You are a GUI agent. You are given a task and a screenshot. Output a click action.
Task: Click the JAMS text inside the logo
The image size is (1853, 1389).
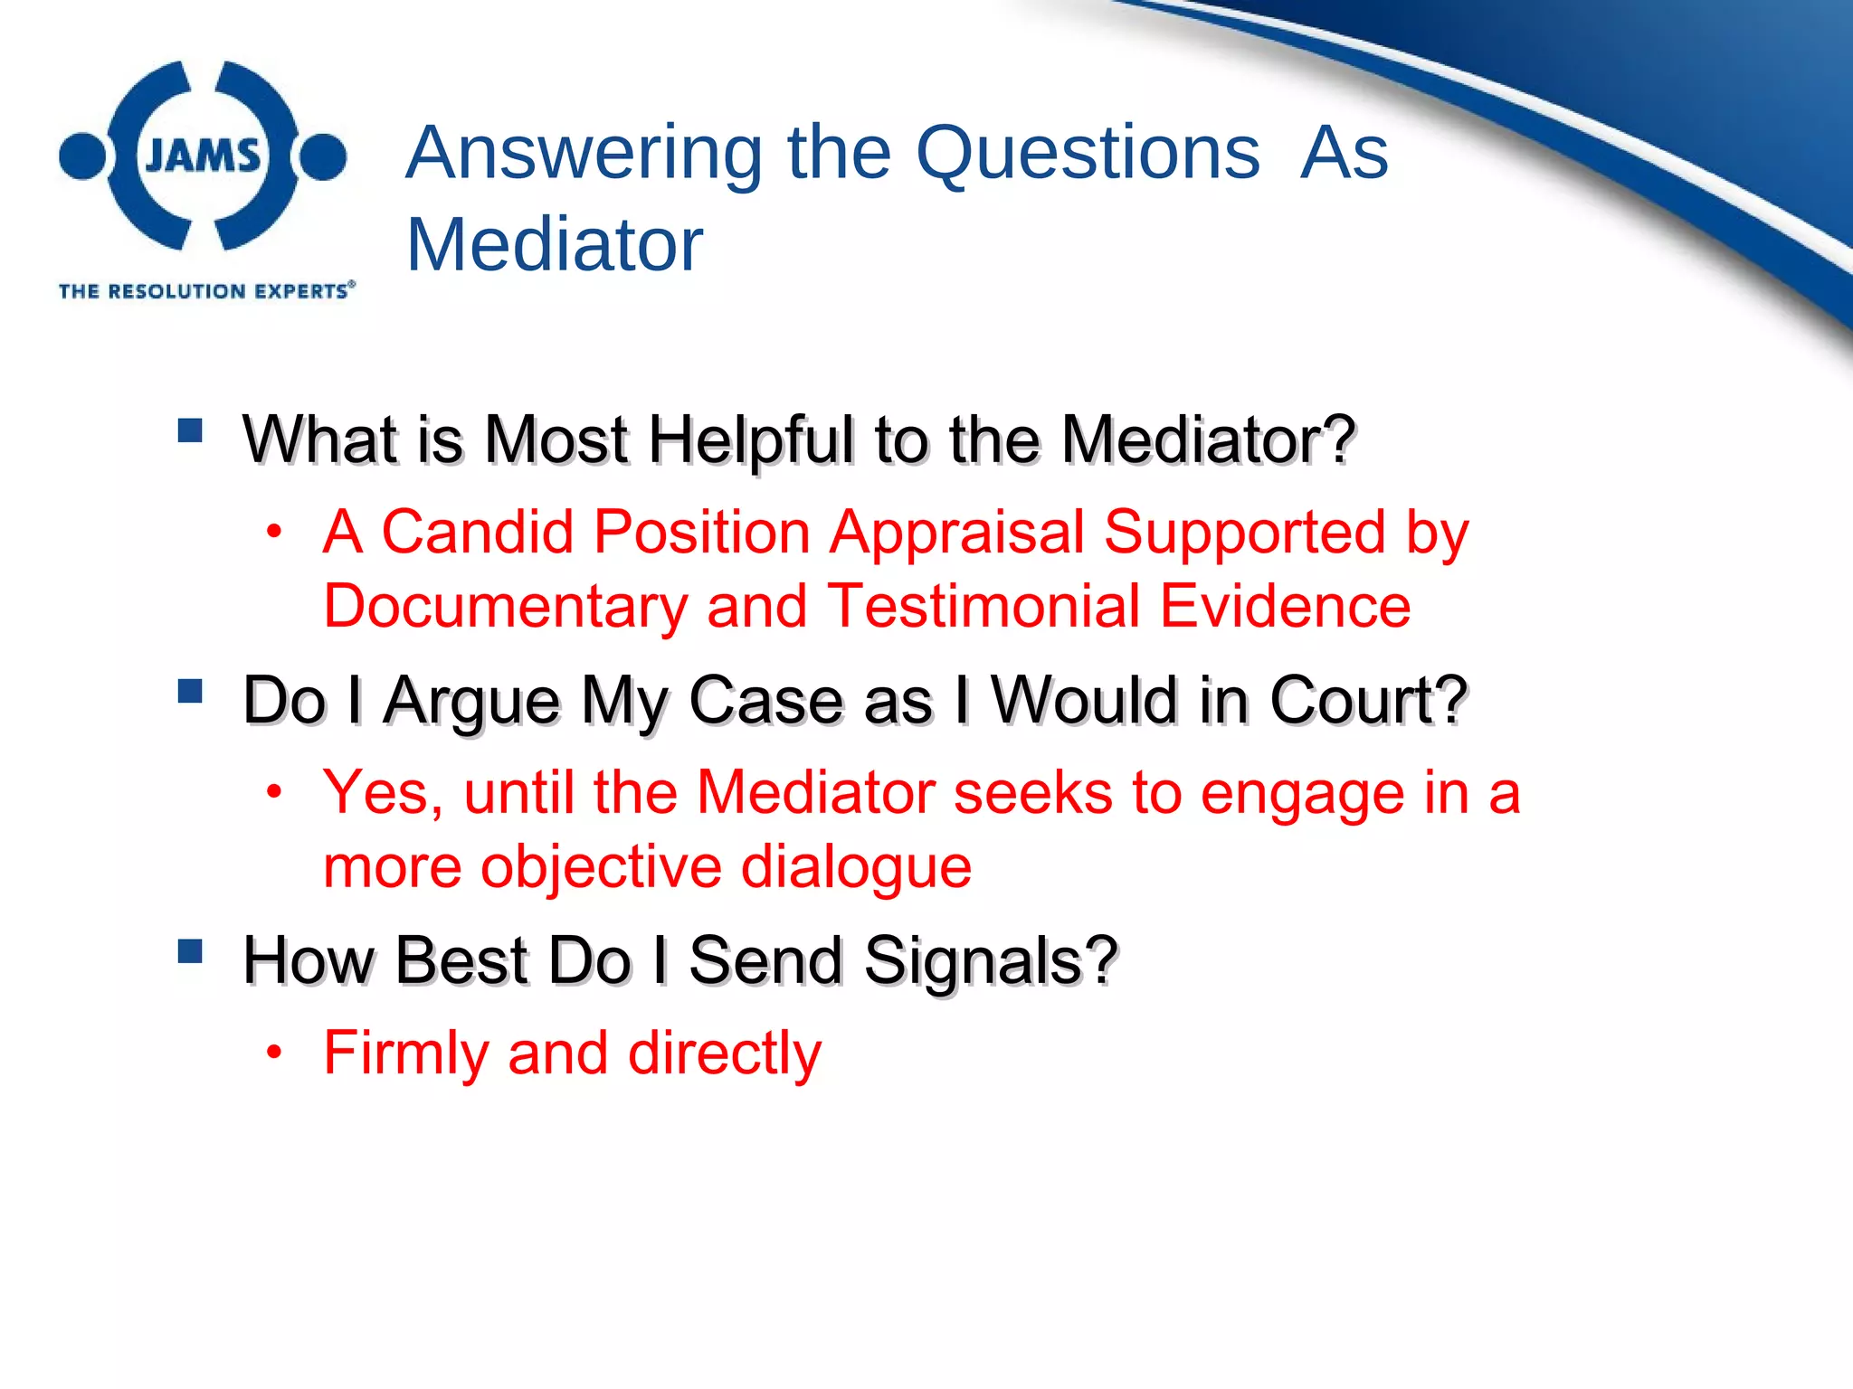coord(203,156)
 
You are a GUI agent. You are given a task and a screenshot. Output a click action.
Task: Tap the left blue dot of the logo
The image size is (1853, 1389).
coord(82,156)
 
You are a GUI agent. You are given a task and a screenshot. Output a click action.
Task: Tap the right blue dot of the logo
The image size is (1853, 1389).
coord(323,156)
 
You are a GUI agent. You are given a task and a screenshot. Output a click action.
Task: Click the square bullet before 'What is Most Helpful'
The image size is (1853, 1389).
coord(190,430)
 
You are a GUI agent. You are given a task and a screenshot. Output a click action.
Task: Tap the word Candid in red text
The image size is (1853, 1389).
coord(478,532)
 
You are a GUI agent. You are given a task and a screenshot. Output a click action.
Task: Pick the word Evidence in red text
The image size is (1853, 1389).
coord(1285,606)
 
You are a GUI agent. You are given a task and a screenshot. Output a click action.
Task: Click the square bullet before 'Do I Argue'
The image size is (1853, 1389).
coord(190,691)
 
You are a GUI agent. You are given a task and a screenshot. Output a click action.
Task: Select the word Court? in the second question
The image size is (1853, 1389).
coord(1368,701)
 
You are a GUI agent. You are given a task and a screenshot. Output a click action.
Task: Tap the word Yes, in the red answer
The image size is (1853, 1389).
coord(383,794)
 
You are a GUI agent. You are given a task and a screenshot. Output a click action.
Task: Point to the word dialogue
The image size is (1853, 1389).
coord(856,868)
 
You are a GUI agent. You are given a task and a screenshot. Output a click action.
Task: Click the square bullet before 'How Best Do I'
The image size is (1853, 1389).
coord(190,951)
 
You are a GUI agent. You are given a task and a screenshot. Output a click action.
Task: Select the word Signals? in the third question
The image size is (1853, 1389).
coord(991,961)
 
